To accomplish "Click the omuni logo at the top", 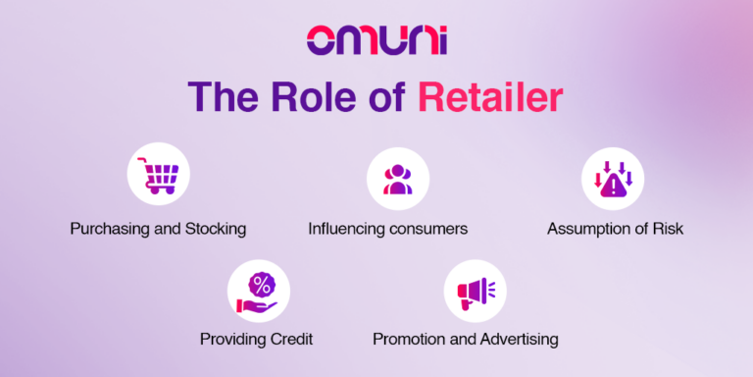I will [376, 40].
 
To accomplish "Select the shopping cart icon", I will [157, 178].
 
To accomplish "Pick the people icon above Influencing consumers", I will [396, 178].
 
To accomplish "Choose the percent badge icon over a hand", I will [259, 291].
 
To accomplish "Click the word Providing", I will [232, 340].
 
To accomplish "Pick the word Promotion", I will [409, 340].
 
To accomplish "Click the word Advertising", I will [519, 340].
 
